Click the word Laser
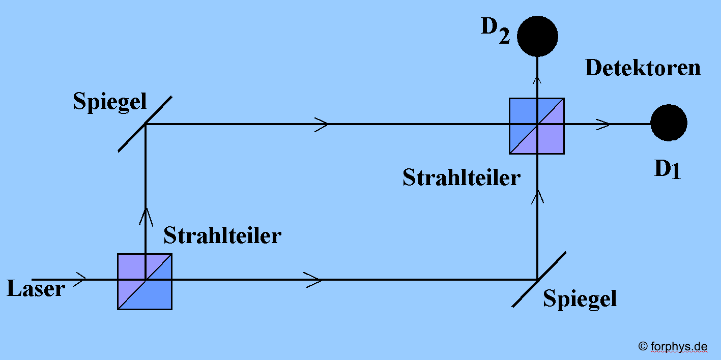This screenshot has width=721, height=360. tap(36, 289)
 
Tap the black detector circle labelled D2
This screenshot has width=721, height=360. tap(537, 36)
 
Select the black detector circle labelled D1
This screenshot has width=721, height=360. tap(669, 123)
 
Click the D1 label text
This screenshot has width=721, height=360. tap(667, 170)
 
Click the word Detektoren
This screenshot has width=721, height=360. tap(643, 68)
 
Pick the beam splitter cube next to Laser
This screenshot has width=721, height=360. tap(145, 281)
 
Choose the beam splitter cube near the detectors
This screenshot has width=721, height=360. tap(537, 126)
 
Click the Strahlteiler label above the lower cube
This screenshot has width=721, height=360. tap(222, 235)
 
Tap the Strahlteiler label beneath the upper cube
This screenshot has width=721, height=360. tap(462, 177)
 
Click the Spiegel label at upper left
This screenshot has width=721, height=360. tap(109, 101)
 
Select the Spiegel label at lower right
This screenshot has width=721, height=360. tap(580, 298)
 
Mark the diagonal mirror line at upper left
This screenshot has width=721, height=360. tap(145, 123)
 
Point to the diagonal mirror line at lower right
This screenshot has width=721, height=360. tap(539, 279)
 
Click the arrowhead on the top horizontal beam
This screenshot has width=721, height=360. tap(322, 124)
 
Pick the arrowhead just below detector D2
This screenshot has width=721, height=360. tap(537, 80)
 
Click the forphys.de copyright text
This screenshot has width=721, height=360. tap(673, 347)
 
